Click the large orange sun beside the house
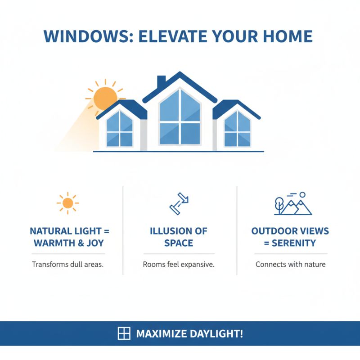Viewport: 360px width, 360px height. point(105,97)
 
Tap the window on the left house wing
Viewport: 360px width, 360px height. point(119,130)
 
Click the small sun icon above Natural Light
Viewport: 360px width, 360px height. point(68,204)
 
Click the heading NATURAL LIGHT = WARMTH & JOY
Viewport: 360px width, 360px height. point(70,237)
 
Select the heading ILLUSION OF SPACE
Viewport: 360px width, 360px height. point(179,237)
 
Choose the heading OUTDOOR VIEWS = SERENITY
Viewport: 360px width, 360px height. point(290,237)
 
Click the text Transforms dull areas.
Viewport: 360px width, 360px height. point(68,265)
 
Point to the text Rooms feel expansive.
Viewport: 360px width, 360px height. point(179,265)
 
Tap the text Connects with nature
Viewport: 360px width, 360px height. point(290,265)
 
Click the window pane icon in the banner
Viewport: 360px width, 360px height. point(124,333)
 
